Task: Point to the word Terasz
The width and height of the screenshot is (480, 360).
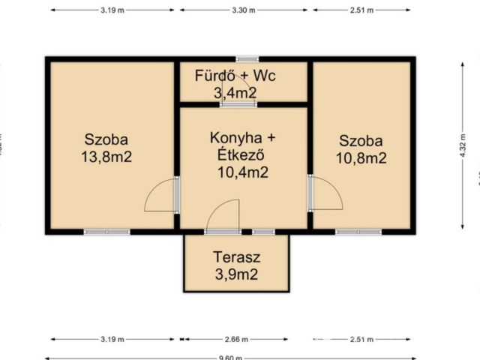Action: click(x=236, y=256)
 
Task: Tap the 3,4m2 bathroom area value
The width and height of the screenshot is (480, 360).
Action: click(x=236, y=92)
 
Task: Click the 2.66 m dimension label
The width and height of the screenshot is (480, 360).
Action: click(x=236, y=339)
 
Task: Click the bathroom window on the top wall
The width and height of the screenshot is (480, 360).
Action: click(x=246, y=58)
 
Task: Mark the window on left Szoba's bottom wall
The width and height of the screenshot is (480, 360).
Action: click(x=106, y=232)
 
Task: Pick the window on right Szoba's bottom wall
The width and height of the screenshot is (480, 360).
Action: click(x=357, y=232)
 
